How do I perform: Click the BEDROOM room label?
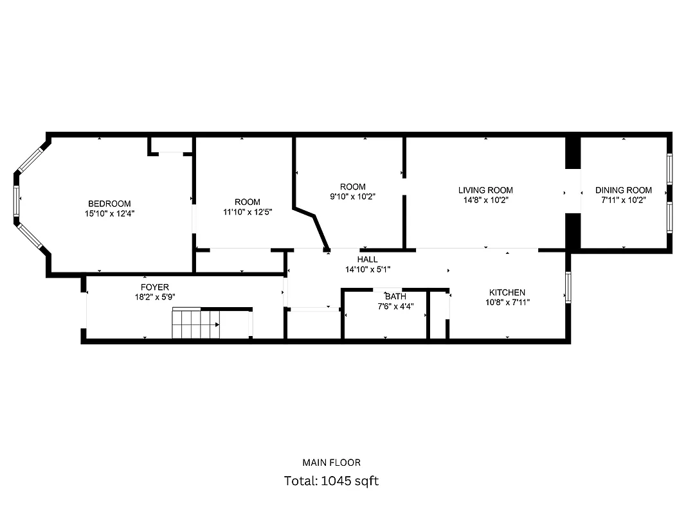pos(109,204)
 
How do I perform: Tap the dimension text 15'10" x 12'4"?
pos(109,213)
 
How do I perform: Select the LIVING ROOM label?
pos(485,190)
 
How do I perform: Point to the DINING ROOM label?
pos(623,190)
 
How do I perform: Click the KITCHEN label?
pos(507,292)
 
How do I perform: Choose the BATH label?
pos(395,297)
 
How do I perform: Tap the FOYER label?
pos(155,287)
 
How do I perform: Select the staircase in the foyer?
pos(196,324)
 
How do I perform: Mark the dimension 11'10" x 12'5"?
pos(248,212)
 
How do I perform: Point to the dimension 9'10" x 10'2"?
pos(353,197)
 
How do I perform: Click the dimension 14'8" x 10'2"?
pos(485,200)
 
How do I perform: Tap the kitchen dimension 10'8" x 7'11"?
pos(507,302)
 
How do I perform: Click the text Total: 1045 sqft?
pos(331,481)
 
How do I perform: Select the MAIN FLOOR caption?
pos(331,463)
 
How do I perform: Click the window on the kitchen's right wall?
pos(568,287)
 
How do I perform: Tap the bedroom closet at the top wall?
pos(170,146)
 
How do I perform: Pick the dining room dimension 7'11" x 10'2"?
pos(623,200)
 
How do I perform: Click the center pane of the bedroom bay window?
pos(16,204)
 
